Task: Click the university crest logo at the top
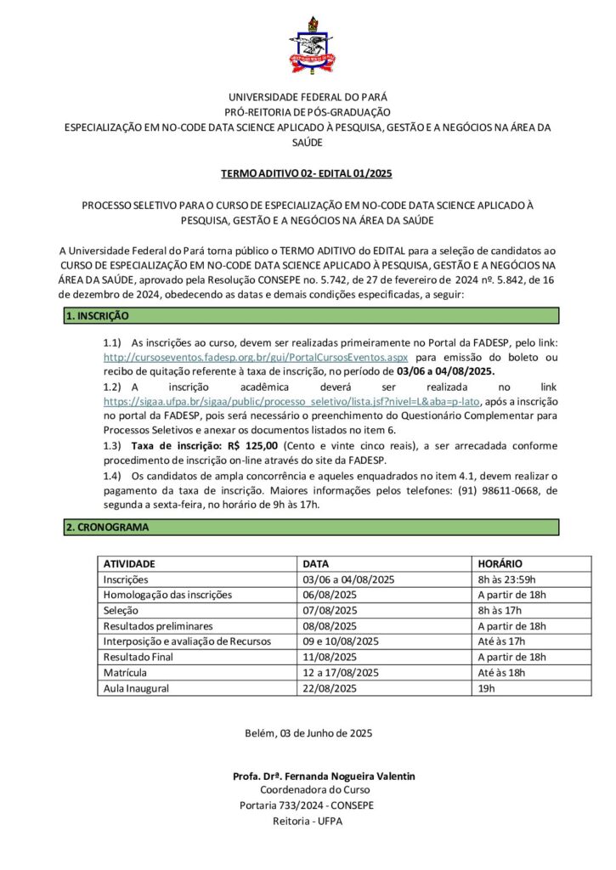click(307, 42)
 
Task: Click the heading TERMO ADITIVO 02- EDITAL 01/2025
click(307, 174)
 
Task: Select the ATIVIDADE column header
click(129, 563)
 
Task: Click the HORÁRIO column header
click(500, 563)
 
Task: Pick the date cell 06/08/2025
click(333, 595)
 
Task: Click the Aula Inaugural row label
click(136, 688)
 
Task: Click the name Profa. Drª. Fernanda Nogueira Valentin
click(323, 777)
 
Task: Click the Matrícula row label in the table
click(126, 673)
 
